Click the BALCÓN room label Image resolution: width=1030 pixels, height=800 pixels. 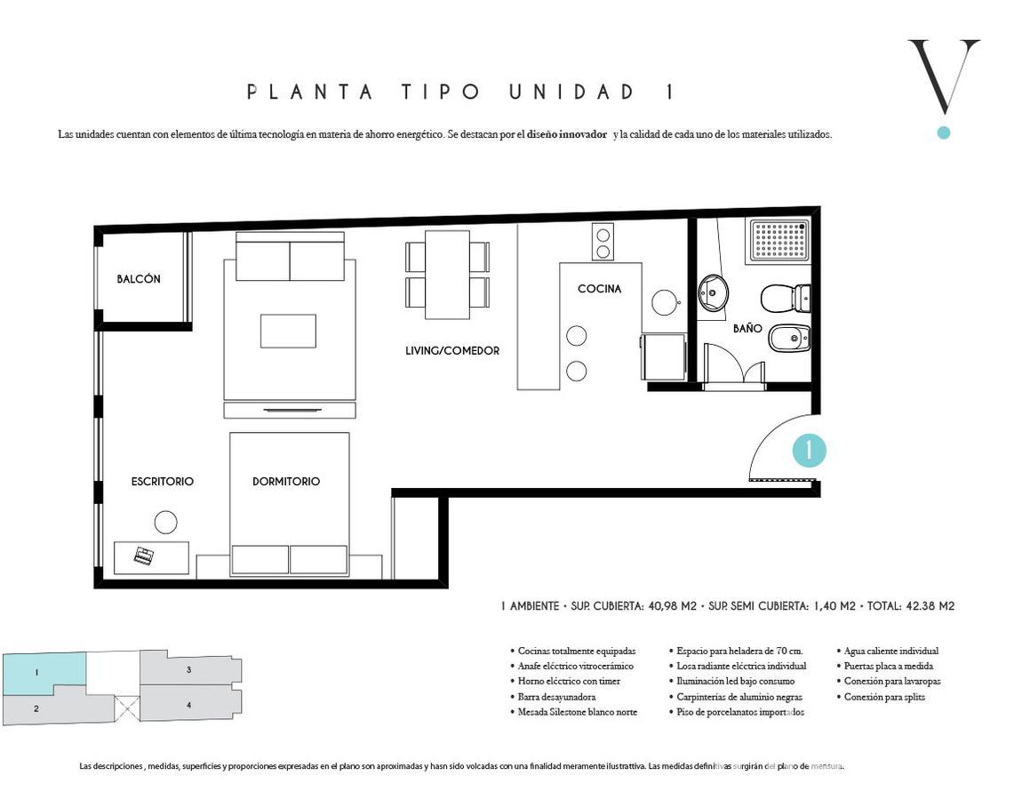pos(139,279)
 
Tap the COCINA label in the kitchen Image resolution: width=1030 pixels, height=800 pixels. pos(599,288)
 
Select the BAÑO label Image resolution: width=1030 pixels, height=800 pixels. pos(747,328)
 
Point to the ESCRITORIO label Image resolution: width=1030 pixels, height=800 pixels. pos(163,482)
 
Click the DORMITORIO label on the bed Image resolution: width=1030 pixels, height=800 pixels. pos(286,482)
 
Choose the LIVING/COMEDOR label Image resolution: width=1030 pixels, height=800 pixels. pos(452,351)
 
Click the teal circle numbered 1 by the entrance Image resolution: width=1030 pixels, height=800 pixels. pos(809,451)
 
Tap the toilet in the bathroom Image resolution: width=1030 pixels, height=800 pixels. pos(786,299)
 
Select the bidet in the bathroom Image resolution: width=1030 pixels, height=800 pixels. pos(789,340)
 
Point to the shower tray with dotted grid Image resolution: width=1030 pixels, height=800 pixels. pos(780,240)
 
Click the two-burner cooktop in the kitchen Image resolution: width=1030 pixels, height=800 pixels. pos(603,243)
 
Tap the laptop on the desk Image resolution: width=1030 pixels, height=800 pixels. pos(144,556)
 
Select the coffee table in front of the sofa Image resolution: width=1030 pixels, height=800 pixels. pos(288,331)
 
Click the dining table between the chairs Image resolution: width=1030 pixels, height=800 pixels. pos(447,275)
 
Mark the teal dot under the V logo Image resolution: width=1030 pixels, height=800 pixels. pos(944,132)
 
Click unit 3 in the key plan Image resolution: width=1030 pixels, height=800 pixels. pos(190,670)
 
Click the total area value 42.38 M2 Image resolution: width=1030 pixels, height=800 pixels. pos(930,606)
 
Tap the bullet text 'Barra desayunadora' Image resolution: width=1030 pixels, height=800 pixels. pos(556,697)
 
